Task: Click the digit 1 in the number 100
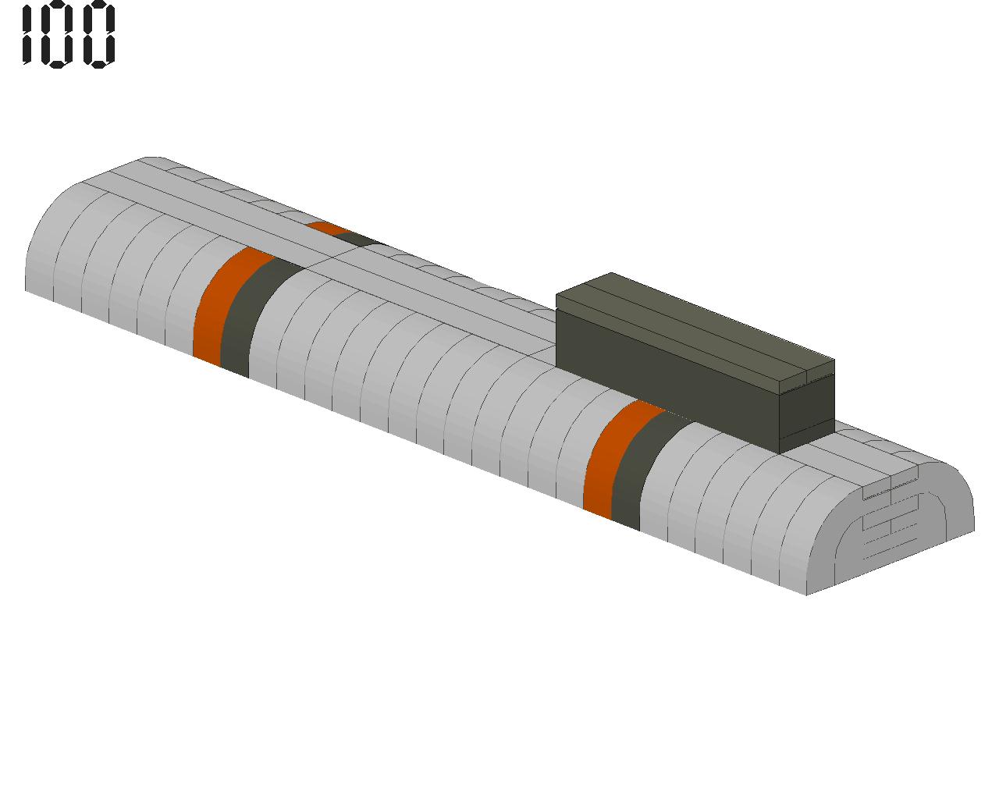[27, 34]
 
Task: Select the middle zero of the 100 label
[57, 34]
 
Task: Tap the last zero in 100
[98, 34]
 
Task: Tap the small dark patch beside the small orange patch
[357, 239]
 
